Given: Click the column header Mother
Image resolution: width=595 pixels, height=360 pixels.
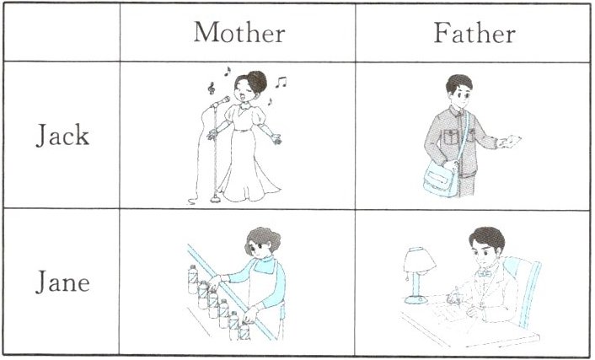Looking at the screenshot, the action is [239, 32].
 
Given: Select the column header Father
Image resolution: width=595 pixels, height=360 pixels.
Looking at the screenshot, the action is [474, 33].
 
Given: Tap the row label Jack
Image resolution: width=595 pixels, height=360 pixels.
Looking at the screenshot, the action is [62, 135].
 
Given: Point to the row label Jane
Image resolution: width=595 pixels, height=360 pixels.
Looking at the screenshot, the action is [62, 282].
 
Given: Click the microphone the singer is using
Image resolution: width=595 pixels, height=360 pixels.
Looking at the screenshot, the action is [221, 101].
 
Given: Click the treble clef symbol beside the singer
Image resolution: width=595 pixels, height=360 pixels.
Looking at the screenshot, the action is [212, 88].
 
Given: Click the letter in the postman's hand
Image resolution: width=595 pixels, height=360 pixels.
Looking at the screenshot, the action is [511, 142].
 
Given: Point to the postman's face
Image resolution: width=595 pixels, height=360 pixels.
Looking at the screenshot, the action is [459, 95].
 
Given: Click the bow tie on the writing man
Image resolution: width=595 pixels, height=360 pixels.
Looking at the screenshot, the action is [485, 273].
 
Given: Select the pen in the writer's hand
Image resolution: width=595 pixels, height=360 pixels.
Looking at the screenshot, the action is [457, 294].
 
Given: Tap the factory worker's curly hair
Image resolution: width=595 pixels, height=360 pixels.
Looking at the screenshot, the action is [263, 239].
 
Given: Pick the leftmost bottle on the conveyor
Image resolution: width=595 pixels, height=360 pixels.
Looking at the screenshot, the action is [193, 280].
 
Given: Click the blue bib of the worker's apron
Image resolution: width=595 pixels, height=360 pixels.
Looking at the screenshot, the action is [265, 266].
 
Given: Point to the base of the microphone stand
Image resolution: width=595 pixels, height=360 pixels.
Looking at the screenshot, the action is [216, 199].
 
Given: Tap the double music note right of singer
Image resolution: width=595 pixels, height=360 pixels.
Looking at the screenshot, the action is [281, 83].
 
